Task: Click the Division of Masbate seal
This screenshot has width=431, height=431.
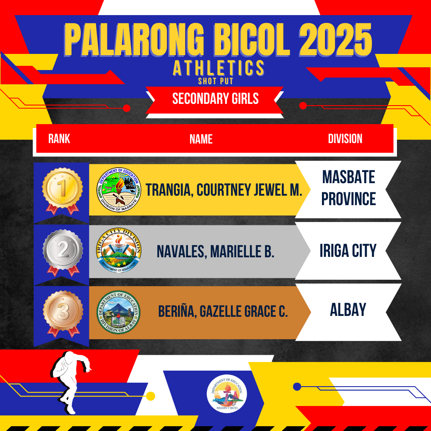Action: tap(119, 190)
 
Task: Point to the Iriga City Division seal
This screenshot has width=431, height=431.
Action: tap(119, 250)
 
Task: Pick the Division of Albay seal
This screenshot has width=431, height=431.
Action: tap(119, 312)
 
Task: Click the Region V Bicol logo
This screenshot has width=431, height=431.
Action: tap(227, 394)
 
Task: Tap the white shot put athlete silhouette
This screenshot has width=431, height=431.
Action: tap(71, 382)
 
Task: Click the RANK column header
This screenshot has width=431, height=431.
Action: tap(59, 138)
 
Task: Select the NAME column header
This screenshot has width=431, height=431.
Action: tap(201, 139)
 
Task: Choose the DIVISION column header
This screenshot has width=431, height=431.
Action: tap(345, 138)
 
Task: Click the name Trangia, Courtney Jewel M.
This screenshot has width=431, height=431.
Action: tap(224, 190)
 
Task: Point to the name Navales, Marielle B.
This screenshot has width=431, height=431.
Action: tap(215, 251)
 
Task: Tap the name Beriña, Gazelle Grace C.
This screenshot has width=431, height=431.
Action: tap(223, 311)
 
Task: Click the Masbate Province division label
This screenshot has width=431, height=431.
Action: tap(349, 188)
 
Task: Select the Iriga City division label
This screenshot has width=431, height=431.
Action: tap(348, 250)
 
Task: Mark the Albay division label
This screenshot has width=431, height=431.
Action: tap(348, 309)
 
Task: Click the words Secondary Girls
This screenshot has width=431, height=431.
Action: tap(215, 98)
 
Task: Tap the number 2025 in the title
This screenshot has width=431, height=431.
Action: tap(335, 39)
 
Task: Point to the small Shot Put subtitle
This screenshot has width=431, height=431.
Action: tap(215, 81)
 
